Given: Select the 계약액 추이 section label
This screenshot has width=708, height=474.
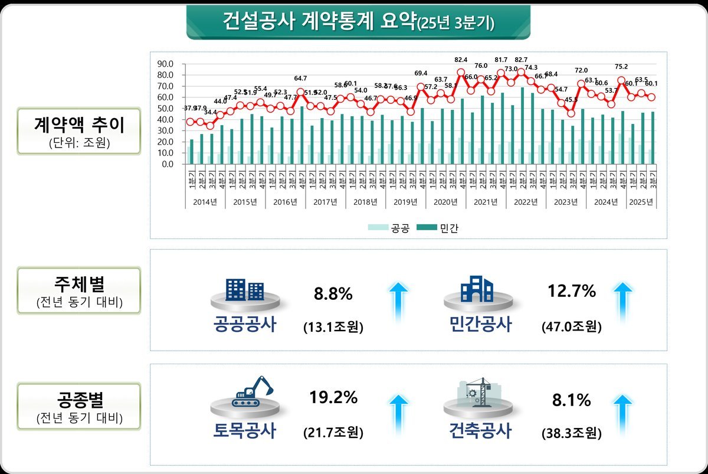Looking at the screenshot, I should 78,126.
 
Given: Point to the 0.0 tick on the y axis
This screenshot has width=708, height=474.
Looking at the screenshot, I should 167,164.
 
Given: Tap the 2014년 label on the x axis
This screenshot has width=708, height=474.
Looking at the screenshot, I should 205,202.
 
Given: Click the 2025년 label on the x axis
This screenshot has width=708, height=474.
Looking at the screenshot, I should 641,202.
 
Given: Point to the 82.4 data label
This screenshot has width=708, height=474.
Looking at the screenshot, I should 461,60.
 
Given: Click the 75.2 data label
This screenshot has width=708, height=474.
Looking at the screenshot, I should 621,67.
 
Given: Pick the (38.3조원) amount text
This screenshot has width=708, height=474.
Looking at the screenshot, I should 572,433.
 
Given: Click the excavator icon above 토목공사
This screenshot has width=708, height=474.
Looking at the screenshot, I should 253,391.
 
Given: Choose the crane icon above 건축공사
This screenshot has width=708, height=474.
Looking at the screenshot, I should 478,391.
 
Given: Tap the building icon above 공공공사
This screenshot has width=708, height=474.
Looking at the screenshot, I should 244,289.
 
